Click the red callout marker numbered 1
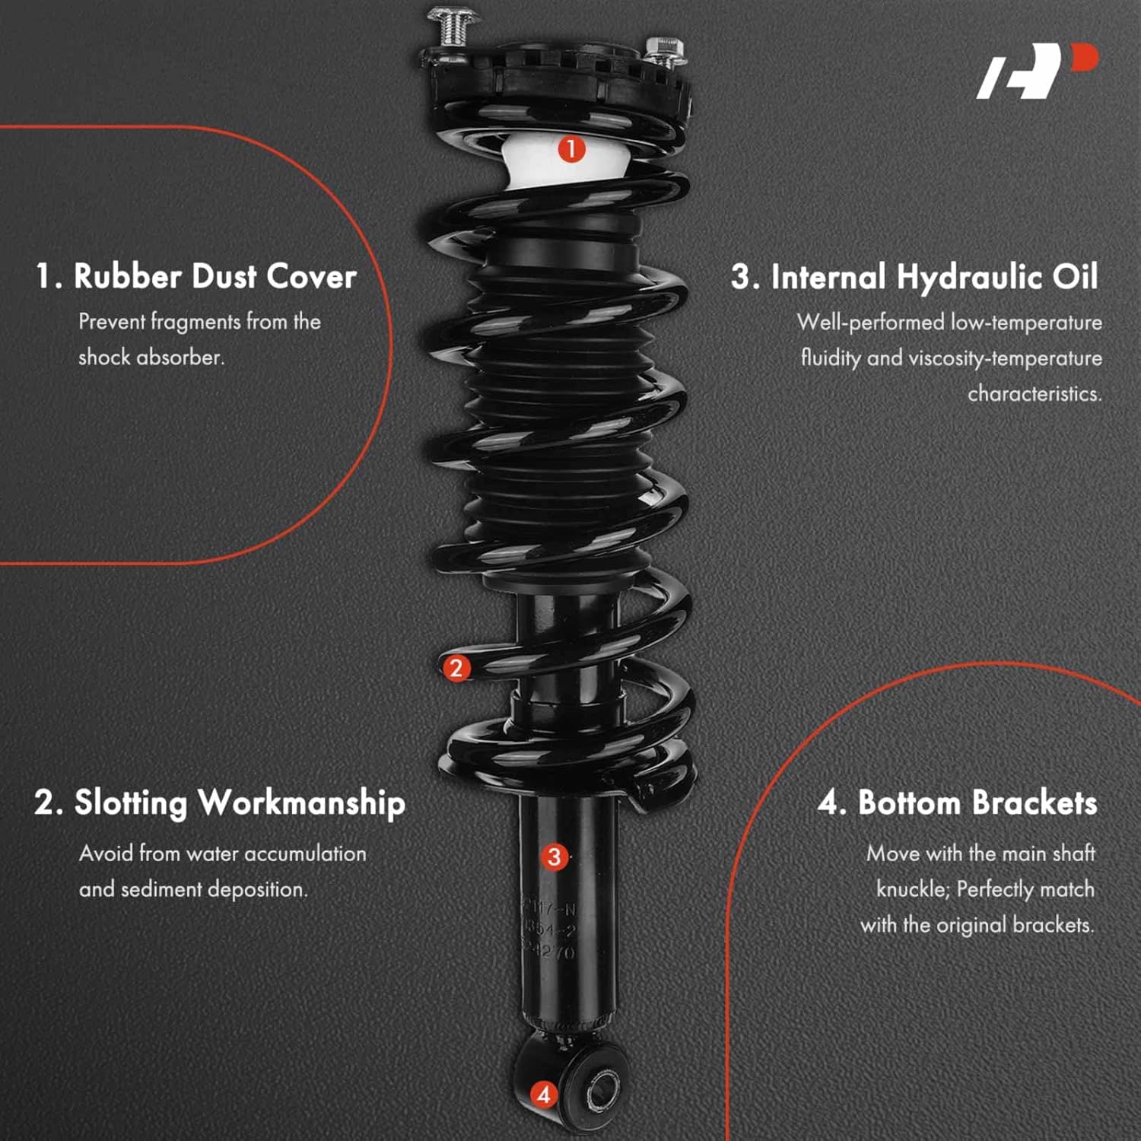[x=571, y=148]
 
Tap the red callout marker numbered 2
[x=456, y=668]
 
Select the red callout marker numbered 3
[x=554, y=857]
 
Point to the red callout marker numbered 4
[x=543, y=1095]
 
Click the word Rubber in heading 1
[x=127, y=276]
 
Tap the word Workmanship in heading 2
[x=301, y=803]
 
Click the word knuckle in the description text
[x=911, y=889]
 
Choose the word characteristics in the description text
[x=1034, y=394]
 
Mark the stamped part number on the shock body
[x=549, y=930]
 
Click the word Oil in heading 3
[x=1075, y=277]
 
